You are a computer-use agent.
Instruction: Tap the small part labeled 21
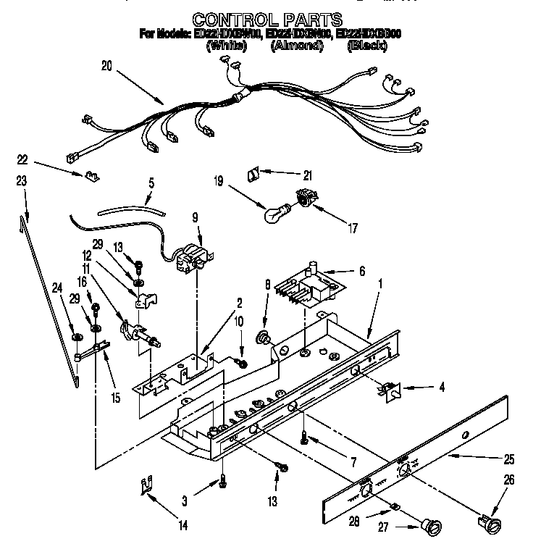coord(253,174)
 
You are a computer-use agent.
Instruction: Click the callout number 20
coord(107,65)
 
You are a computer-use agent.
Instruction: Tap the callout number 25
coord(508,459)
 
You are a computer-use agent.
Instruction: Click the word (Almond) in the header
coord(297,46)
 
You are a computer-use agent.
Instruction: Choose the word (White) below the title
coord(226,46)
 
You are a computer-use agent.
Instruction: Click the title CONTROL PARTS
coord(267,20)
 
